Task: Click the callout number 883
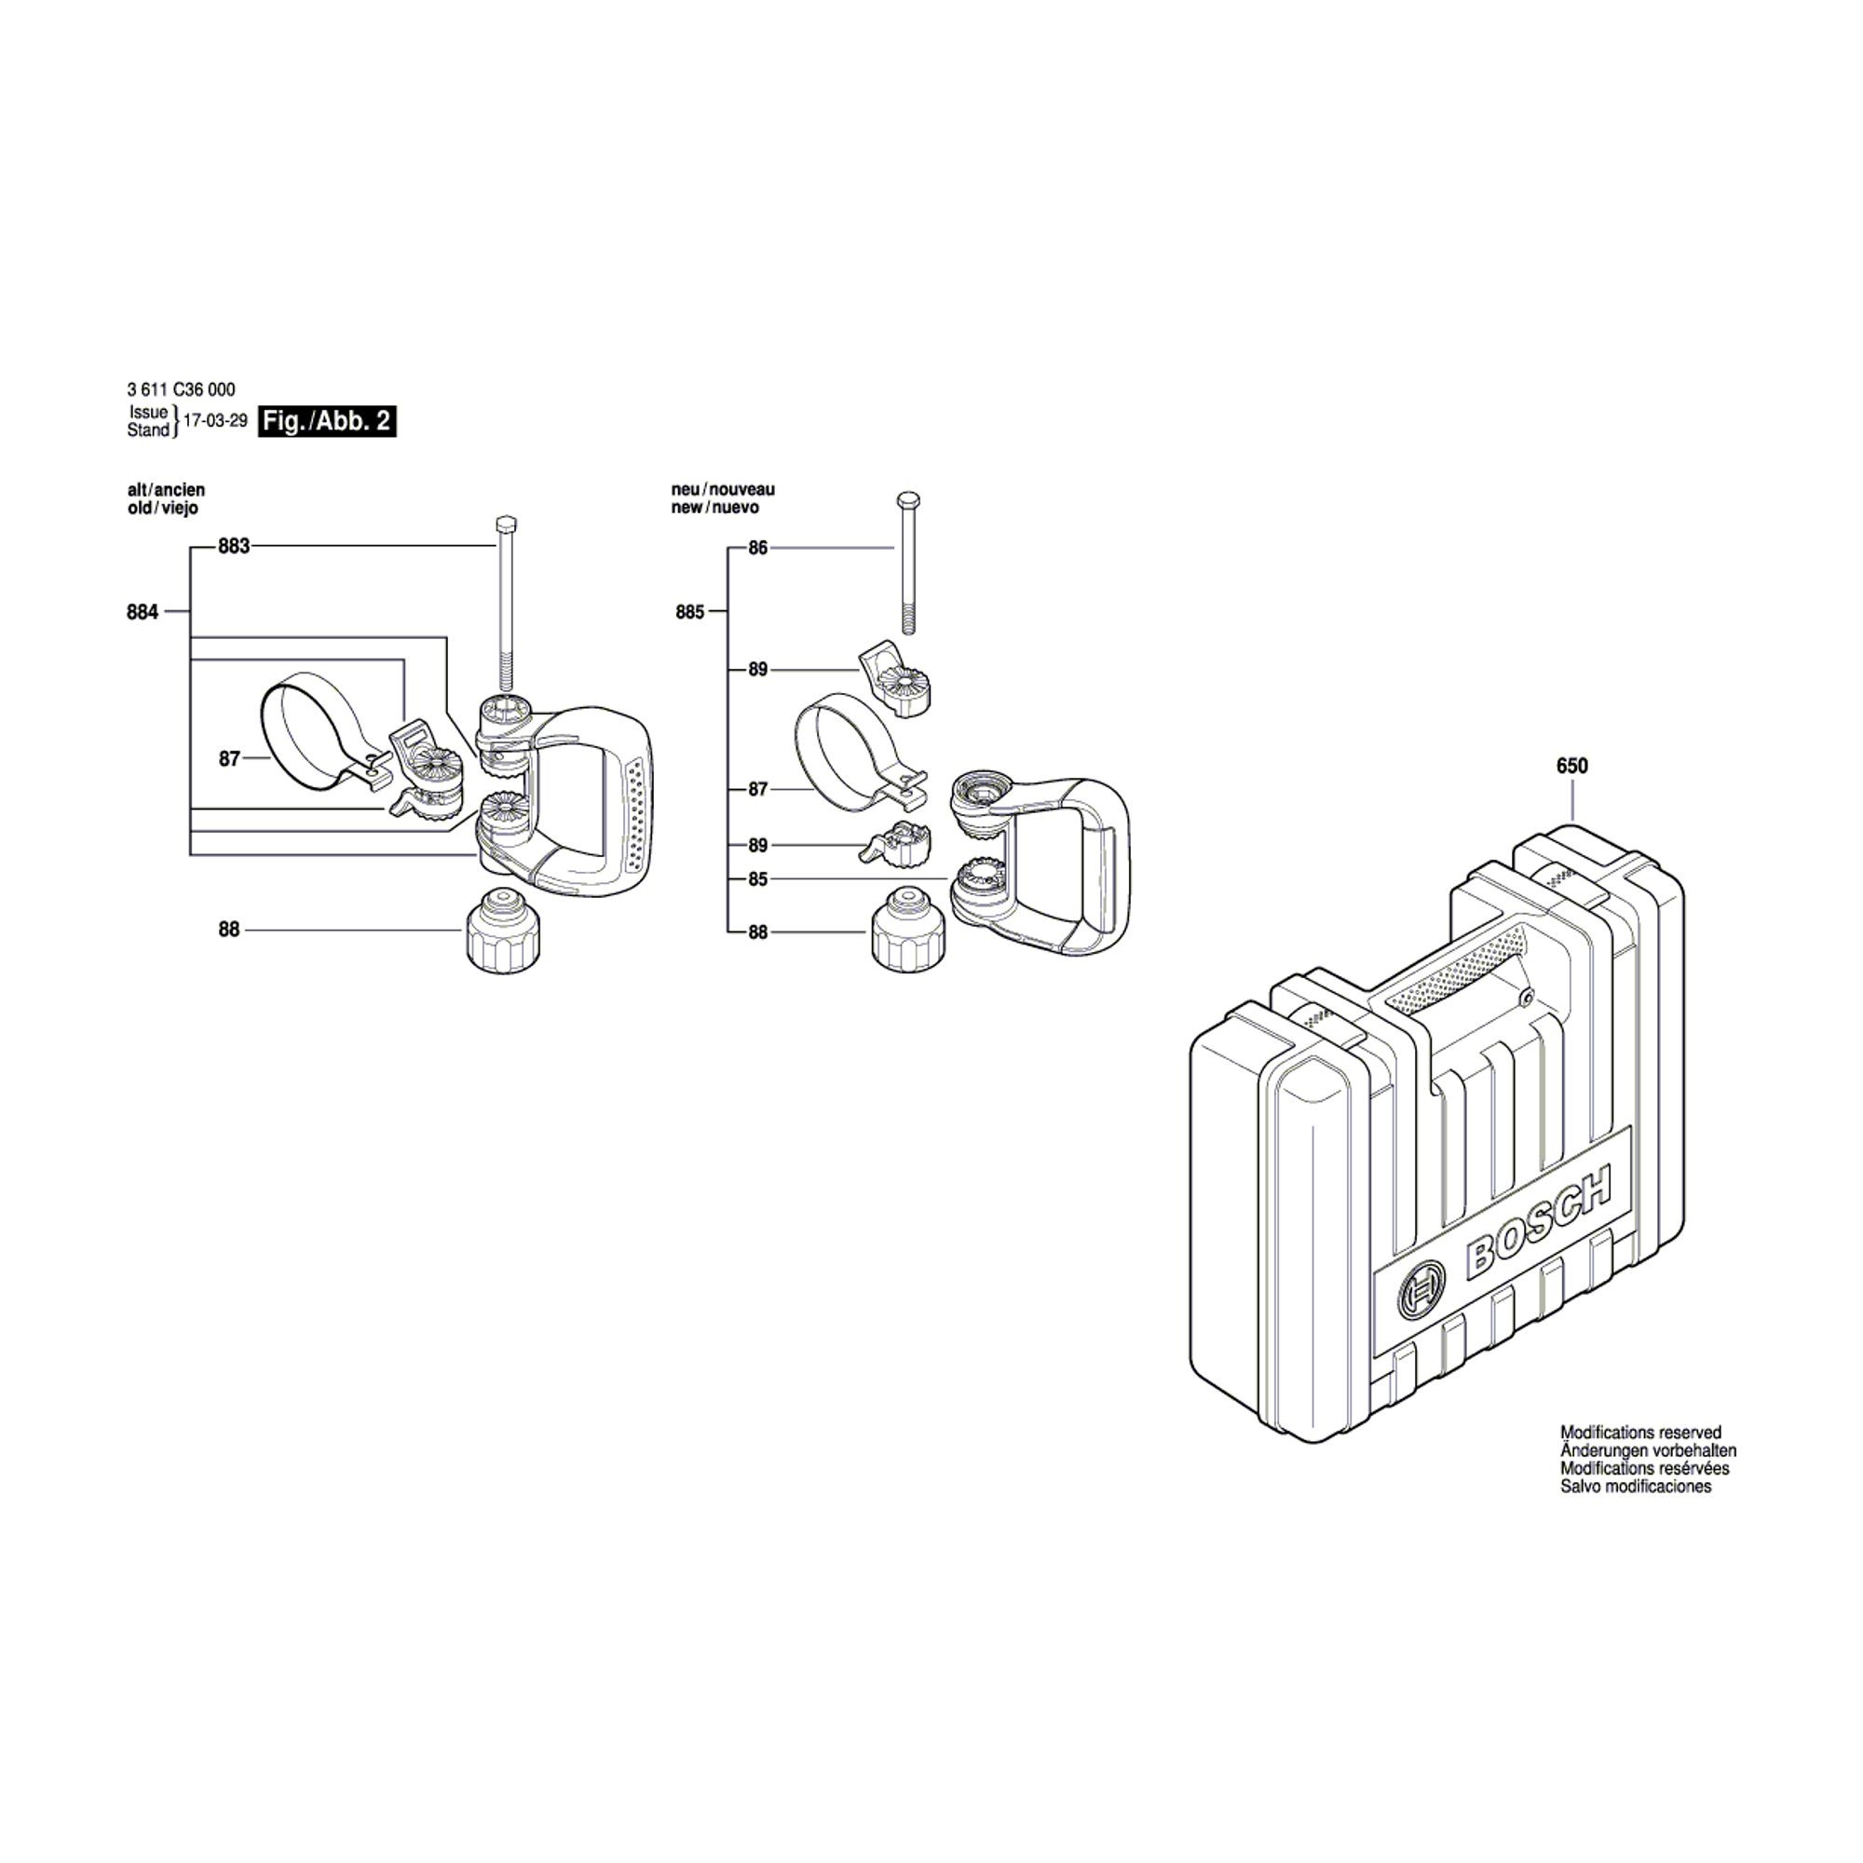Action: click(234, 547)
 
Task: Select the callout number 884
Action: click(142, 611)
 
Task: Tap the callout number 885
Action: click(689, 611)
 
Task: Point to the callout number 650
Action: click(1571, 766)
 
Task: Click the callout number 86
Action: click(758, 548)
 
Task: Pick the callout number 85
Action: click(758, 878)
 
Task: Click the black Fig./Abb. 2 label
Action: click(327, 421)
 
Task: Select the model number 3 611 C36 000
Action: click(181, 389)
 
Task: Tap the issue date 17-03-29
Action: click(215, 421)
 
